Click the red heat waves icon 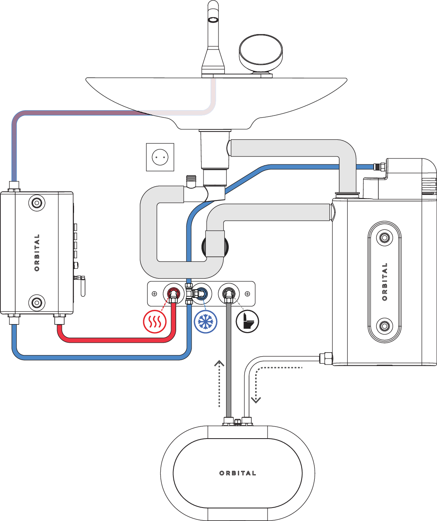155,321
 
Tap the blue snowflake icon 206,321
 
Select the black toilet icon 247,321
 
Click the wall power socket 160,157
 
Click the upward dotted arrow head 219,363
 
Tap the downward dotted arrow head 256,399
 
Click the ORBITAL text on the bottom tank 237,473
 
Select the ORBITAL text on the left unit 37,253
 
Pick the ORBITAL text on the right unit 384,281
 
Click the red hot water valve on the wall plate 173,294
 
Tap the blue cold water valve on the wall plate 201,294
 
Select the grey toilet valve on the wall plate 228,294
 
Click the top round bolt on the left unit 37,203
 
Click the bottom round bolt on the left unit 37,303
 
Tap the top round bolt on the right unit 384,238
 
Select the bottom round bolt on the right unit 384,326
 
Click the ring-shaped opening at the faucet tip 214,19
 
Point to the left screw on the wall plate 154,294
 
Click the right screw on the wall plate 247,294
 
